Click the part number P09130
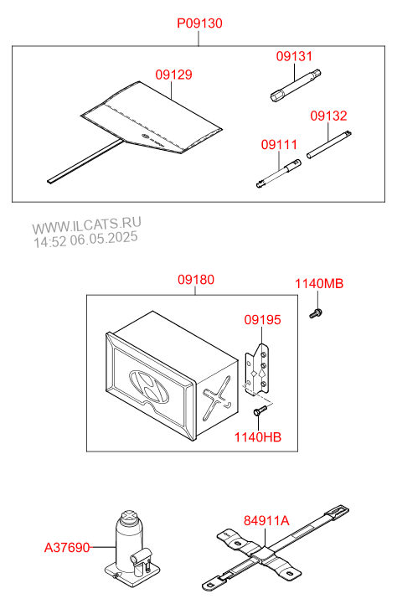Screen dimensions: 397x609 pyautogui.click(x=199, y=23)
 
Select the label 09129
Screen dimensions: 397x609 pyautogui.click(x=173, y=75)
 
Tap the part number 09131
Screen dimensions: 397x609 pyautogui.click(x=294, y=56)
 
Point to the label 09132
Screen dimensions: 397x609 pyautogui.click(x=328, y=116)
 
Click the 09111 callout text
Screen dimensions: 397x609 pyautogui.click(x=279, y=144)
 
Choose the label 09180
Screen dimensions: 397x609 pyautogui.click(x=196, y=280)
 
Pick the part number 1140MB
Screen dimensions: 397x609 pyautogui.click(x=319, y=283)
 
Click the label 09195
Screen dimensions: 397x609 pyautogui.click(x=262, y=320)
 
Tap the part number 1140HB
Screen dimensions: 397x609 pyautogui.click(x=257, y=437)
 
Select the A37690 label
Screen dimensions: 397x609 pyautogui.click(x=67, y=548)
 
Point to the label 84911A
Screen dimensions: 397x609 pyautogui.click(x=266, y=520)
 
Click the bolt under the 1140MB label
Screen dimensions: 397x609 pyautogui.click(x=316, y=313)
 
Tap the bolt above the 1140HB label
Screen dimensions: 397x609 pyautogui.click(x=260, y=410)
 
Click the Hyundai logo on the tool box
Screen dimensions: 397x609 pyautogui.click(x=149, y=387)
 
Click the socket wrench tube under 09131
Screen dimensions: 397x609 pyautogui.click(x=296, y=85)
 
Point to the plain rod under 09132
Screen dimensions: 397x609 pyautogui.click(x=329, y=144)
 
